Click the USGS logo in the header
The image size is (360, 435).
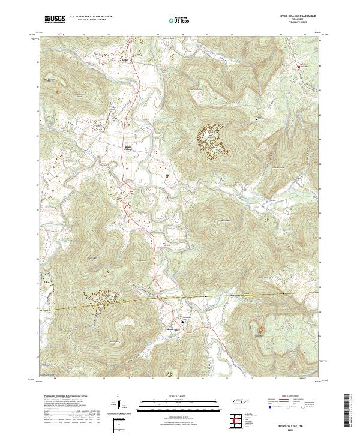[55, 19]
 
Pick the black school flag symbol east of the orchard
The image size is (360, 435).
[257, 119]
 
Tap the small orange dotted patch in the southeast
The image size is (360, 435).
[261, 329]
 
